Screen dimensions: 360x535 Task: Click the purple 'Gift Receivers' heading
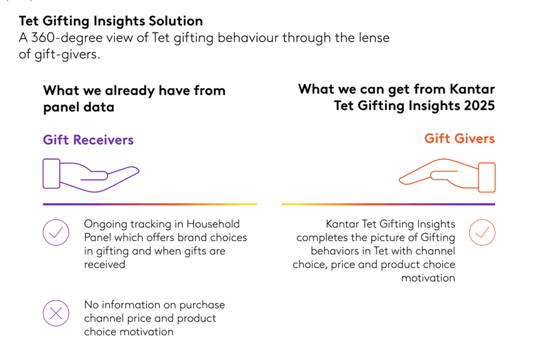click(88, 140)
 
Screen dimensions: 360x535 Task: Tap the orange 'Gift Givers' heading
click(459, 138)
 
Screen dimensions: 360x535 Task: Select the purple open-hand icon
click(90, 175)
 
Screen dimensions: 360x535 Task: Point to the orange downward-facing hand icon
click(447, 175)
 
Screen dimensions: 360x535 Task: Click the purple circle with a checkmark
click(56, 232)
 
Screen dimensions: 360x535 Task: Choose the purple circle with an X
click(56, 313)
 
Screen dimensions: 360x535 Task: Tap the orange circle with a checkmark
click(482, 232)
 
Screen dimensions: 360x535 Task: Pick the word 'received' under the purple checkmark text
click(104, 264)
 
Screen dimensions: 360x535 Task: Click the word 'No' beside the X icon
click(91, 305)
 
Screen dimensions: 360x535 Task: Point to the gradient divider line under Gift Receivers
click(150, 204)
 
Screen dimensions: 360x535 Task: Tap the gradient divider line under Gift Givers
click(388, 204)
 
